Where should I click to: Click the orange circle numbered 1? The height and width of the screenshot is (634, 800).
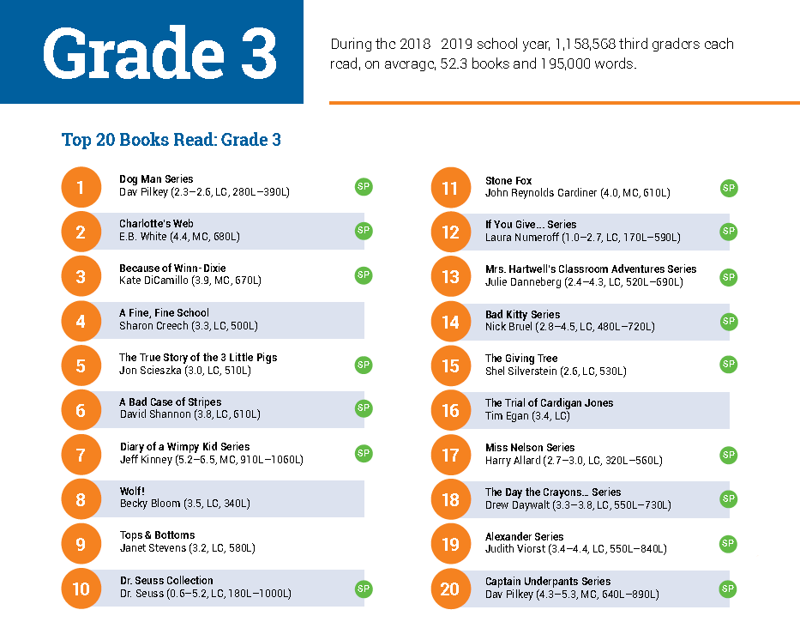click(81, 187)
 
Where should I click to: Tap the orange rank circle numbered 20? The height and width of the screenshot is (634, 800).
click(450, 589)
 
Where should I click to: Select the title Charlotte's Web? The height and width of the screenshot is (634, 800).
click(156, 224)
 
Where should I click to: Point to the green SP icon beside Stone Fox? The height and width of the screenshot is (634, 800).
click(729, 188)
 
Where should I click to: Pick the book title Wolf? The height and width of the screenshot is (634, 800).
click(132, 492)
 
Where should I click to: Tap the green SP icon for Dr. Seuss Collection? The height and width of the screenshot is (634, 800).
click(364, 589)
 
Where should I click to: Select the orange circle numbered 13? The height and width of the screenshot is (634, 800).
click(450, 276)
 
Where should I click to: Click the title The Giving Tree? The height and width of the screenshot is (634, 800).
click(521, 359)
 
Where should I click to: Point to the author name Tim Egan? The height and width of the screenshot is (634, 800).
click(506, 416)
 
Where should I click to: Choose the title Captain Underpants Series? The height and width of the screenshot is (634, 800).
click(548, 581)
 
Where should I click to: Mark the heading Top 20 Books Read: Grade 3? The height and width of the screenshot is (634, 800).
click(171, 140)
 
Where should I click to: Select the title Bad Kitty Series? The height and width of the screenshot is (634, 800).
click(522, 315)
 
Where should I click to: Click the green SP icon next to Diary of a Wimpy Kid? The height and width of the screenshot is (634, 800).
click(364, 453)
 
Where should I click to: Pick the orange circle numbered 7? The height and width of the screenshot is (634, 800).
click(81, 455)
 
